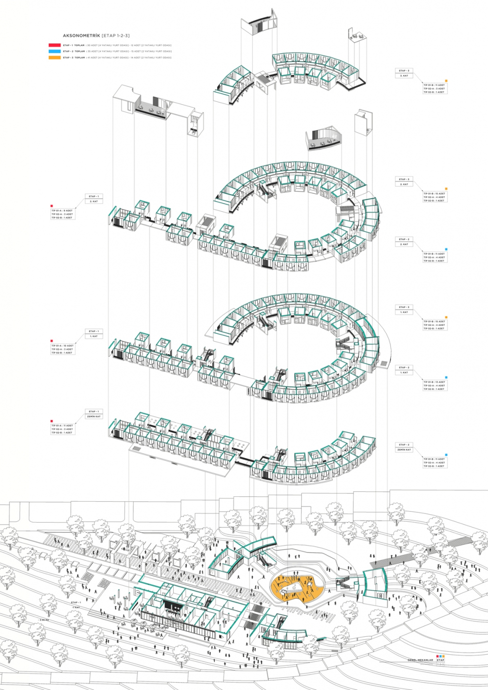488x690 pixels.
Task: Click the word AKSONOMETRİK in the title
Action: [81, 36]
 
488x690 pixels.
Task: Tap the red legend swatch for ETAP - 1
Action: [55, 45]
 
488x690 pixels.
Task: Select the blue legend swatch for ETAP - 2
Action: [55, 51]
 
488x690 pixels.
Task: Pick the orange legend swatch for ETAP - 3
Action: [55, 58]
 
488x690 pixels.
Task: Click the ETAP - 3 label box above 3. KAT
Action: [404, 71]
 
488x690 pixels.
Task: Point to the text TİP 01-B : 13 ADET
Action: [434, 382]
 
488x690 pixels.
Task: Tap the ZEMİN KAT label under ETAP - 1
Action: [93, 416]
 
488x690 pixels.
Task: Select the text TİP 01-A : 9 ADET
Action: [62, 211]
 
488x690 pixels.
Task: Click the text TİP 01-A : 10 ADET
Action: [62, 345]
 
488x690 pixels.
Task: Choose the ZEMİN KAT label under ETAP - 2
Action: [405, 449]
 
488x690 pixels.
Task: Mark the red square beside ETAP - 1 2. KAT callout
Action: [52, 206]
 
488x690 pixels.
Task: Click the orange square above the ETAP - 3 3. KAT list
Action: [446, 81]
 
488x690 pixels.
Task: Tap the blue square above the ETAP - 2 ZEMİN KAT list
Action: [446, 455]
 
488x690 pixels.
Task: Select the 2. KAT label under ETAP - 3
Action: [404, 184]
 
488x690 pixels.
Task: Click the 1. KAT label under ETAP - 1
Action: [93, 336]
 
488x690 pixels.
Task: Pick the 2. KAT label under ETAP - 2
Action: [404, 244]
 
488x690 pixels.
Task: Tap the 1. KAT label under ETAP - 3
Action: [404, 312]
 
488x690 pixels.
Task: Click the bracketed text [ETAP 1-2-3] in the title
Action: [116, 36]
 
